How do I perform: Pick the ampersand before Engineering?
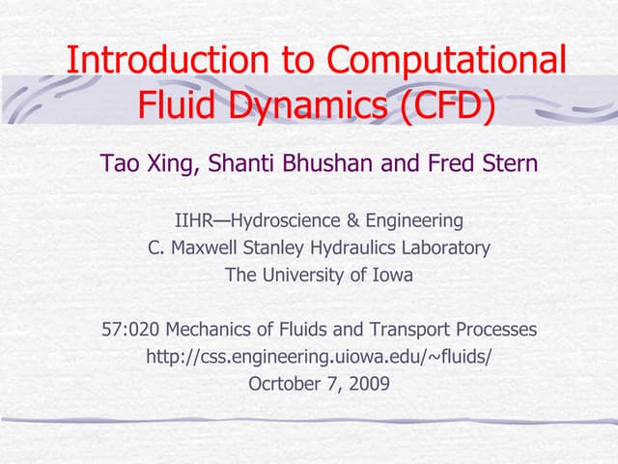pyautogui.click(x=357, y=220)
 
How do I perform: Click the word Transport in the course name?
pyautogui.click(x=422, y=330)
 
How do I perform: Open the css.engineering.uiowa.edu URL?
pyautogui.click(x=319, y=357)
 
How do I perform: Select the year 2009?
pyautogui.click(x=370, y=384)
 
